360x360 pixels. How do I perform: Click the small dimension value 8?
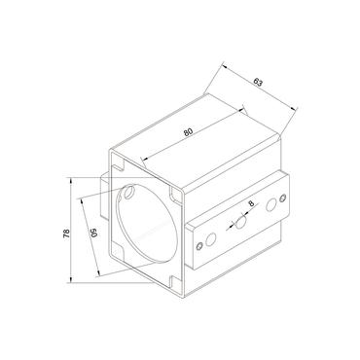click(252, 204)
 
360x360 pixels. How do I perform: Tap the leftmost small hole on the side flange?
click(201, 245)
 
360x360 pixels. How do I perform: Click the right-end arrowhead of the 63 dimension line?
click(293, 108)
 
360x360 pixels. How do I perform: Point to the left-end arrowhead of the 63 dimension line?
click(221, 66)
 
